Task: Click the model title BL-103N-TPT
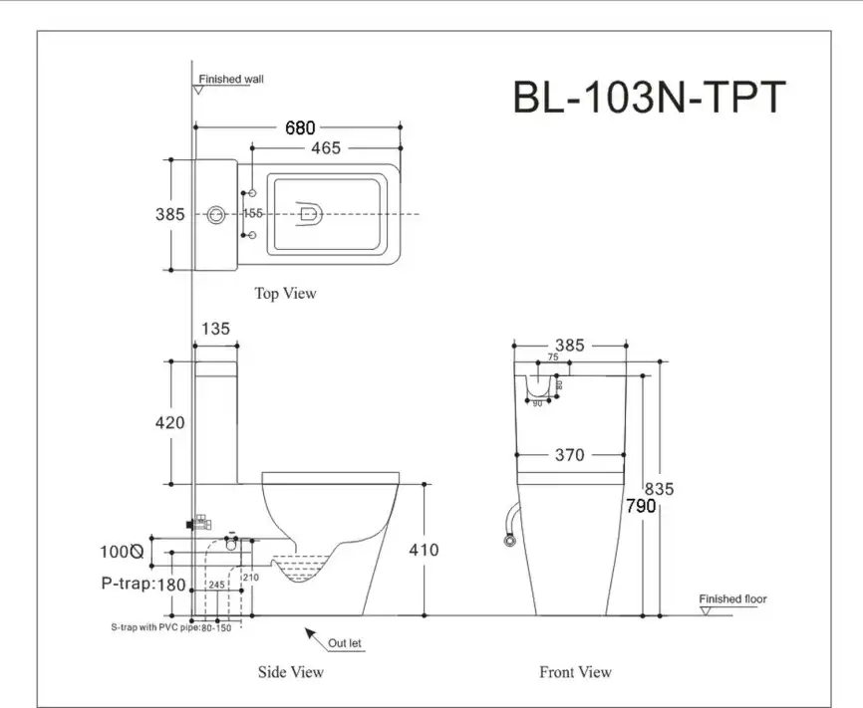click(649, 98)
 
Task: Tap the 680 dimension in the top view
click(299, 127)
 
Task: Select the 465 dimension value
click(325, 148)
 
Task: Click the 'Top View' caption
click(285, 293)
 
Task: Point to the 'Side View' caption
click(291, 672)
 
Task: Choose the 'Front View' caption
click(575, 672)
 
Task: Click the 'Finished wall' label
click(231, 79)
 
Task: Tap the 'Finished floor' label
click(732, 599)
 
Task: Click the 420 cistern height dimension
click(169, 423)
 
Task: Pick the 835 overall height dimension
click(659, 489)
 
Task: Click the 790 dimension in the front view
click(641, 506)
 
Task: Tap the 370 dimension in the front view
click(568, 455)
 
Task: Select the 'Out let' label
click(345, 643)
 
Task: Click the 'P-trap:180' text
click(144, 585)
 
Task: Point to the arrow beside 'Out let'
click(311, 634)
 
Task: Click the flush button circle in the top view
click(216, 213)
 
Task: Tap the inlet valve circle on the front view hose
click(507, 541)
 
